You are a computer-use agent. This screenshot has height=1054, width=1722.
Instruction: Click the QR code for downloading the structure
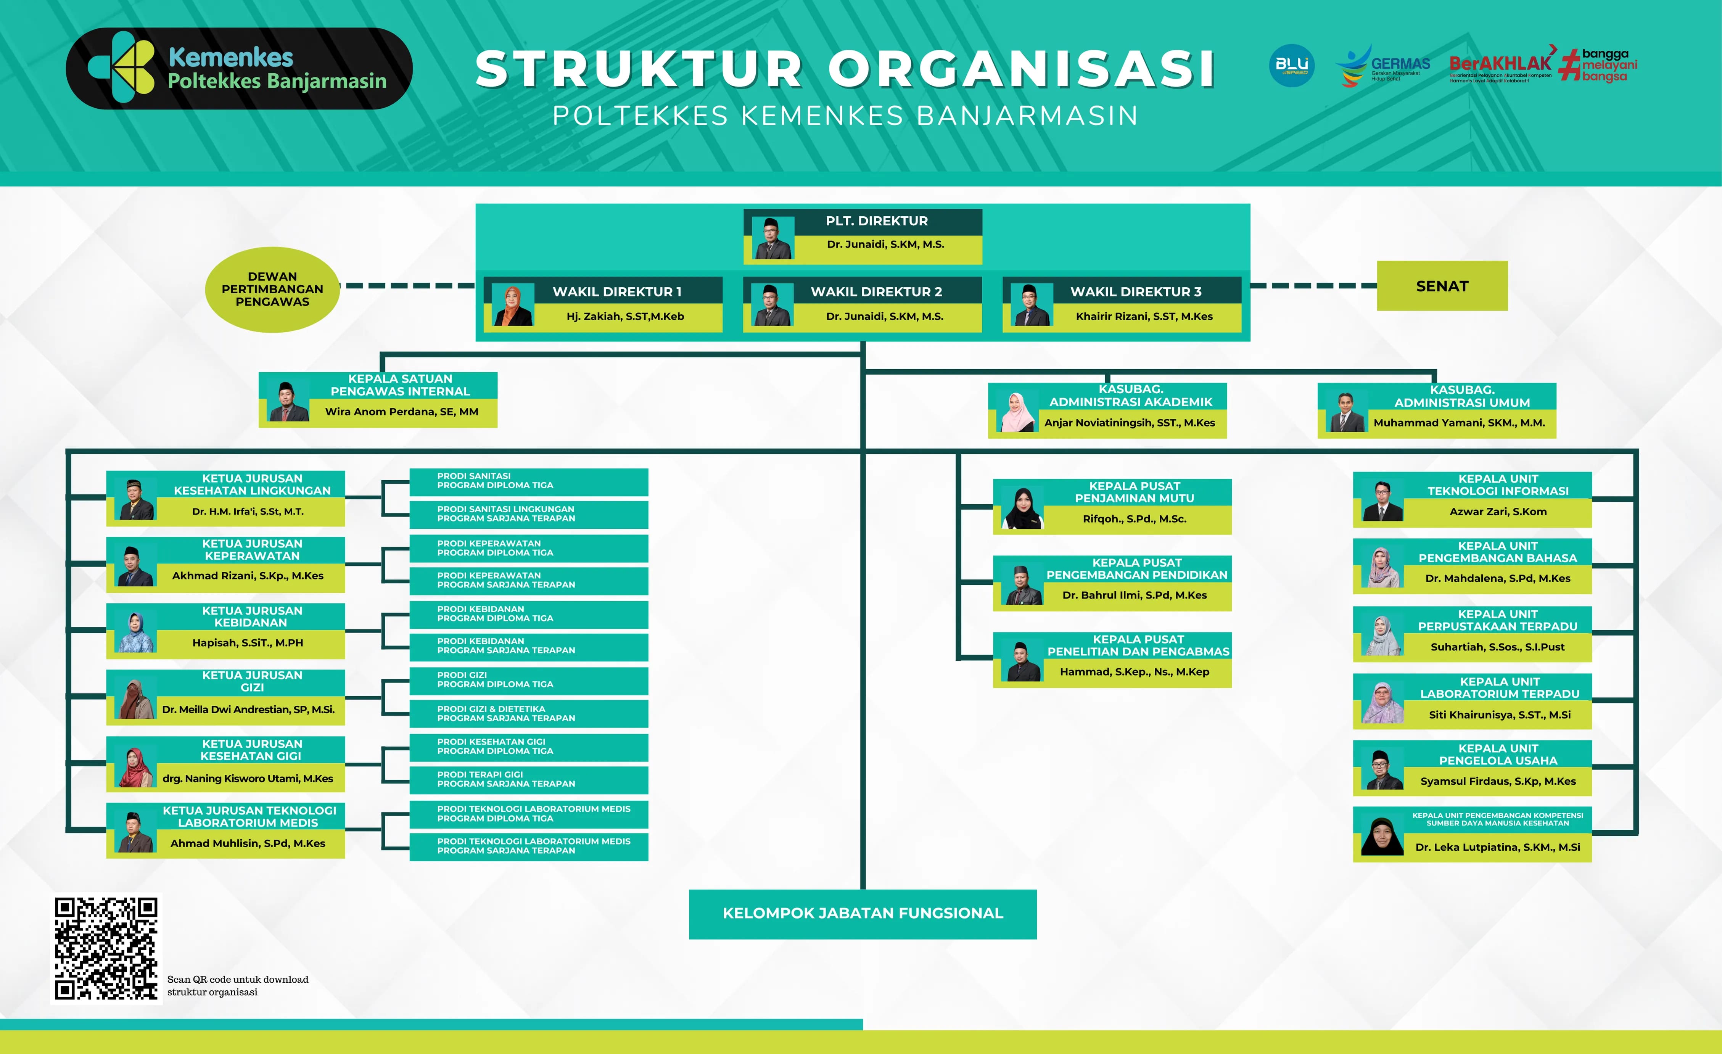point(106,948)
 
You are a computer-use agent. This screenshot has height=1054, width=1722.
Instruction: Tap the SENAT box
point(1442,286)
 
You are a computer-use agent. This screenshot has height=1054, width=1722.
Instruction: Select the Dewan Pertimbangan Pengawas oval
point(272,290)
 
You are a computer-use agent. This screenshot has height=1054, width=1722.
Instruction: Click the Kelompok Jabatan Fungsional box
point(863,914)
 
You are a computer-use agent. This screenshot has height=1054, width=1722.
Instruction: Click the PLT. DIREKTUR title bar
point(876,221)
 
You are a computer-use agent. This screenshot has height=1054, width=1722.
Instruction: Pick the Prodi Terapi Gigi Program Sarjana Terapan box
point(528,779)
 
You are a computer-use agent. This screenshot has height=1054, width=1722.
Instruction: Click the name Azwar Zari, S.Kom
point(1498,512)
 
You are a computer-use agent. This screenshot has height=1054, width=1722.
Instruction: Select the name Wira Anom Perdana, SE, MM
point(402,412)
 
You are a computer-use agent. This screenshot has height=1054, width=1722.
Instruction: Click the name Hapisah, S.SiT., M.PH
point(248,643)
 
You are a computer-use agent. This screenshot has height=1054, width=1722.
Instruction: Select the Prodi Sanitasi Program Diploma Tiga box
point(528,481)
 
